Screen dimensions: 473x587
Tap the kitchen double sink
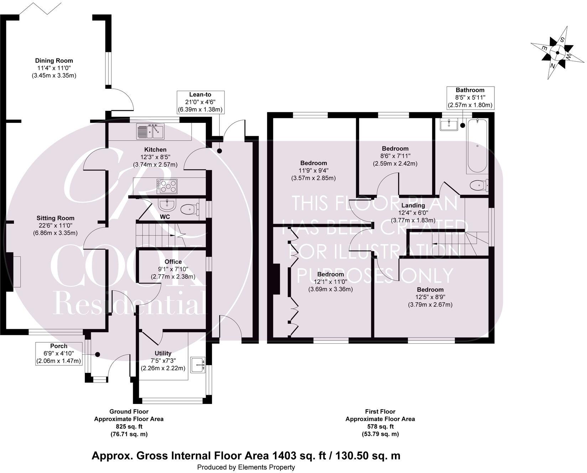(150, 131)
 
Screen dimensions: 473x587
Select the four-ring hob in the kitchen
(167, 186)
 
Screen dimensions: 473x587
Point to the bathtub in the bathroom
(477, 146)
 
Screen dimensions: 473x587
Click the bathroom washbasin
(449, 125)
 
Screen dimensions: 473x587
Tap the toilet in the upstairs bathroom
(479, 186)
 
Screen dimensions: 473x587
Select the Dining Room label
(54, 61)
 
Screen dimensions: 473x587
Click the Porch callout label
(59, 353)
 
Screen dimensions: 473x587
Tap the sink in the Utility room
(198, 365)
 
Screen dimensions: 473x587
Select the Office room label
(173, 262)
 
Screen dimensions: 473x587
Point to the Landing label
(413, 206)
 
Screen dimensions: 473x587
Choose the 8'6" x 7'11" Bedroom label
(395, 149)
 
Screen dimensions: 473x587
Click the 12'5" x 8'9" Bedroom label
(430, 290)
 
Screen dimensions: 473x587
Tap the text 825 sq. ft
(129, 426)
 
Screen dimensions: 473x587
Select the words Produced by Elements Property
(246, 467)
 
